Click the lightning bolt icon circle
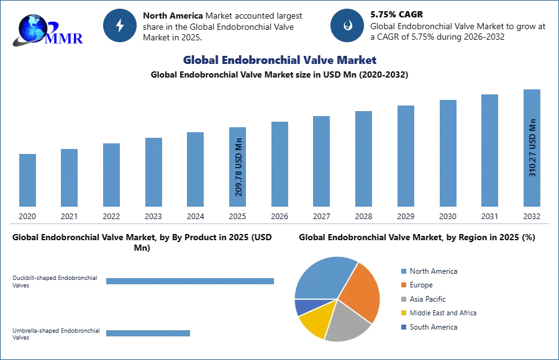tap(120, 25)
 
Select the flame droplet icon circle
tap(347, 25)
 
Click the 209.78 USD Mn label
tap(239, 166)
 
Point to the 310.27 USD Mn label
tap(532, 147)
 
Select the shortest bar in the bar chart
tap(27, 181)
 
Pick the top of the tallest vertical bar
tap(532, 91)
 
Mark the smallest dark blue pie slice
tap(303, 306)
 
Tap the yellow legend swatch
tap(403, 313)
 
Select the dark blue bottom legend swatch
tap(403, 326)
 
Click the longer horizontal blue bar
tap(191, 282)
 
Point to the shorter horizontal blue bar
tap(148, 333)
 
